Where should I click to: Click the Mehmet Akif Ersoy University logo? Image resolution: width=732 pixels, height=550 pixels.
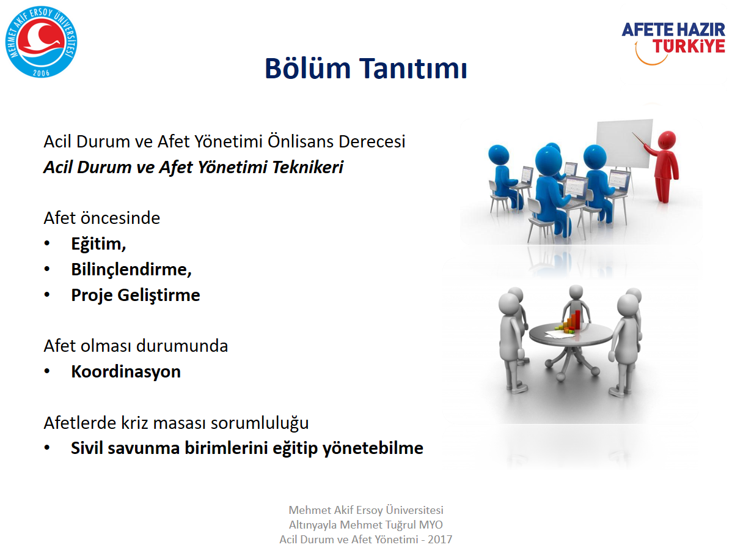[x=41, y=42]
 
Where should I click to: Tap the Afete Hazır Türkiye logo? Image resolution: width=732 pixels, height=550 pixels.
[x=673, y=43]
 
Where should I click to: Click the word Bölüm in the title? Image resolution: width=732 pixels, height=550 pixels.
[x=307, y=69]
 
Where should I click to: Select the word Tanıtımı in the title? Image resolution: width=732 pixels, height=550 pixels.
[x=412, y=69]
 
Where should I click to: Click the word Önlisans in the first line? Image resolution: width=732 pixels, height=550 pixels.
[x=301, y=141]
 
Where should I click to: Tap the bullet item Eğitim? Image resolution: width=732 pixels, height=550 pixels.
[x=98, y=244]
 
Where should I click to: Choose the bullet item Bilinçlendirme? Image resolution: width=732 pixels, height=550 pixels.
[x=131, y=270]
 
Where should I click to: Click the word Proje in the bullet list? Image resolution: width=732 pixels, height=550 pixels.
[x=92, y=295]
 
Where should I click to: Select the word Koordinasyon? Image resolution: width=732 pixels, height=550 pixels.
[x=126, y=371]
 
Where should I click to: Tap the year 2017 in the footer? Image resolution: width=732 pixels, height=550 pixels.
[x=440, y=539]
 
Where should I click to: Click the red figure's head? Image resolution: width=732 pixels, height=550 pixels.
[x=666, y=140]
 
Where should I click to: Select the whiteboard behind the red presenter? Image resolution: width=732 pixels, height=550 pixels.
[x=624, y=143]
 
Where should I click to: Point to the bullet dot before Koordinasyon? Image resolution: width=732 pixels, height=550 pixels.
[x=46, y=371]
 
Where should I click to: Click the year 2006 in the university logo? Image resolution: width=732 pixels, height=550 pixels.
[x=41, y=72]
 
